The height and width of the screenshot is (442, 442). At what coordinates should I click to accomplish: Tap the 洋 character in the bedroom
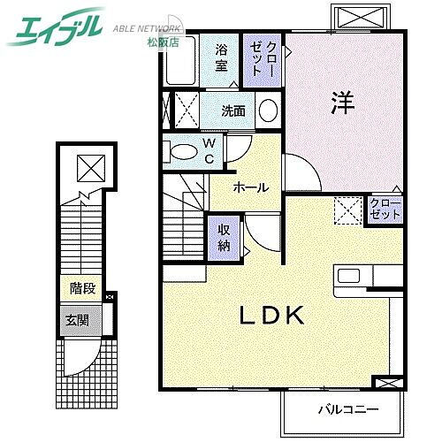pos(343,103)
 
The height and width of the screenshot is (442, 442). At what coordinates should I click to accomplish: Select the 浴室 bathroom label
pos(221,56)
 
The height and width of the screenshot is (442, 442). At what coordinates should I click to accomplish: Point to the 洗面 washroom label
pos(233,111)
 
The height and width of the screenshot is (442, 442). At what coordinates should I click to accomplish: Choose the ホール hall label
pos(251,187)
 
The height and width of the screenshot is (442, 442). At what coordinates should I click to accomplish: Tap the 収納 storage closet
pos(224,237)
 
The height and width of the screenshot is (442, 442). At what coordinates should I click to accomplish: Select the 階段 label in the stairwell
pos(83,288)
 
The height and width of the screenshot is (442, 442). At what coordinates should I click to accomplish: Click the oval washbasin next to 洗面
pos(268,111)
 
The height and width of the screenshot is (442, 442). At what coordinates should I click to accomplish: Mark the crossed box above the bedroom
pos(358,18)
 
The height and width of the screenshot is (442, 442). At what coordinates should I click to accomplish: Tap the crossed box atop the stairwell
pos(88,167)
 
